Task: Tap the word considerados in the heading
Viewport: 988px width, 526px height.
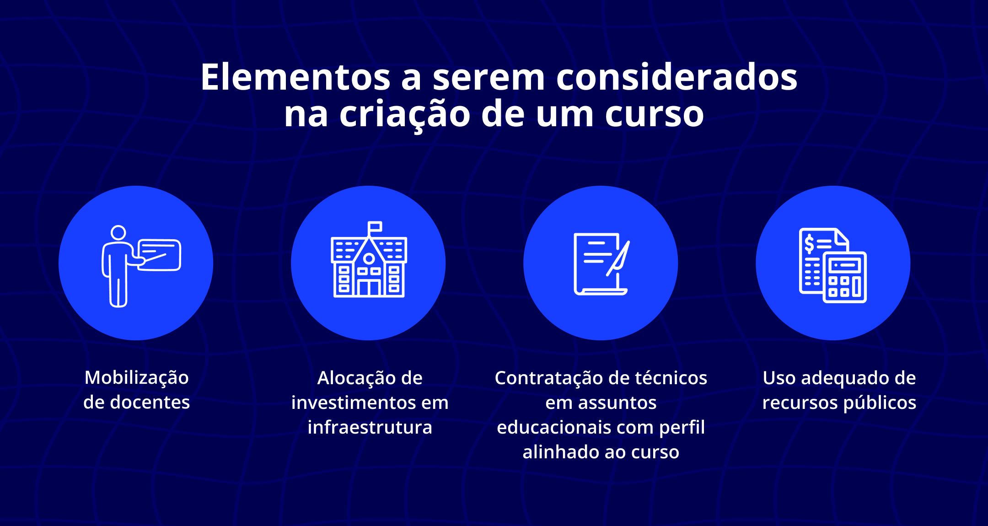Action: [677, 78]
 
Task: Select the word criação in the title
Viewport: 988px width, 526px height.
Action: [405, 114]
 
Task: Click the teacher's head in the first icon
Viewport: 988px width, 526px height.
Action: [118, 232]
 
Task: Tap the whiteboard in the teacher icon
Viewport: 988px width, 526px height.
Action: [160, 254]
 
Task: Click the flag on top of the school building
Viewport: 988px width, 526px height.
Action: [375, 227]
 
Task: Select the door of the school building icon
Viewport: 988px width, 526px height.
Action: [369, 288]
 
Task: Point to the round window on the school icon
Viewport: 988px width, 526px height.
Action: [369, 259]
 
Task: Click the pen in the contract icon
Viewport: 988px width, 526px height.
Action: [618, 259]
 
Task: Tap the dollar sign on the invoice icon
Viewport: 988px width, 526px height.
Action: [809, 244]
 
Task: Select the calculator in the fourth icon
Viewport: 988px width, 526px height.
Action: [845, 277]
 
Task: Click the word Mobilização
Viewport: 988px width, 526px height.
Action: [137, 378]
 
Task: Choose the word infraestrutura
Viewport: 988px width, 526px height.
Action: [370, 428]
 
